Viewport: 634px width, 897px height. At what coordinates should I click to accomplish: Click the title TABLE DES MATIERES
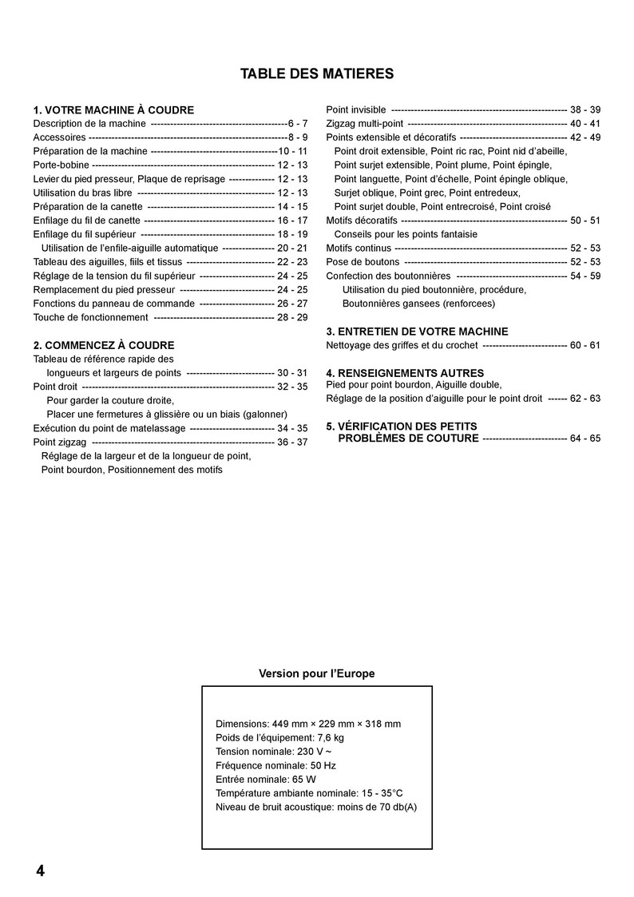(x=317, y=74)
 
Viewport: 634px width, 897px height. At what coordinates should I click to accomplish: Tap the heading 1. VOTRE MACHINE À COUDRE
(x=113, y=110)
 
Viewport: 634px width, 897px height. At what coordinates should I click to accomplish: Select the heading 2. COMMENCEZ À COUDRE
(x=104, y=345)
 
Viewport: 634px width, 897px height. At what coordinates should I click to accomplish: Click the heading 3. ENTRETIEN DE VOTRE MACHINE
(x=417, y=331)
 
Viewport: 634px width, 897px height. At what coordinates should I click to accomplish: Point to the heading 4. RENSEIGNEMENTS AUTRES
(x=405, y=373)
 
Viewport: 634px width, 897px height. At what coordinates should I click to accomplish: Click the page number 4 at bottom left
(x=40, y=871)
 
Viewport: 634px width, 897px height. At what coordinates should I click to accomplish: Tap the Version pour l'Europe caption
(x=316, y=673)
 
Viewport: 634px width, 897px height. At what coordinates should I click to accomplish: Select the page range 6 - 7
(x=298, y=124)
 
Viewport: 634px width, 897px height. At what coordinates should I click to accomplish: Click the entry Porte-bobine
(x=61, y=165)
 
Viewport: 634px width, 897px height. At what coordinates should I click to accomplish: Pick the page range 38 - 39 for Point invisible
(x=585, y=109)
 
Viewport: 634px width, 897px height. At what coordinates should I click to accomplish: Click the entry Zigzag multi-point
(x=365, y=124)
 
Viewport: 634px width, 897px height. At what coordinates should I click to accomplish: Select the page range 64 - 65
(x=585, y=439)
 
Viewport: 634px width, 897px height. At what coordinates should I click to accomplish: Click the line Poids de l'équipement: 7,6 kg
(x=279, y=737)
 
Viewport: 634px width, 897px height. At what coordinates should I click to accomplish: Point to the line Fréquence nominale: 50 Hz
(x=275, y=765)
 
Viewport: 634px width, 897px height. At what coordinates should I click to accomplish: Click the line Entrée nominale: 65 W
(x=265, y=779)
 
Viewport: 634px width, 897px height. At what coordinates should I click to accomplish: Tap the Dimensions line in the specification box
(x=308, y=724)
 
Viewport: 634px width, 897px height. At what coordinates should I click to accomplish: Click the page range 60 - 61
(x=585, y=345)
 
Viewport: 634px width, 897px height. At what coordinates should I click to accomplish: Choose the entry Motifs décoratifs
(x=362, y=220)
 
